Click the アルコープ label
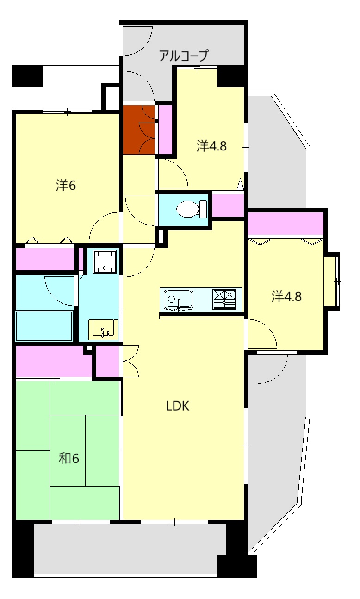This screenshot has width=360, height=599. point(184,56)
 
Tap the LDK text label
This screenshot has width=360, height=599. point(178,406)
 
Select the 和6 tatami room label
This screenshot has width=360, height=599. point(68,459)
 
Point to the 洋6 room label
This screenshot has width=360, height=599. point(66,185)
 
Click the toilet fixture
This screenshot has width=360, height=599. point(192,209)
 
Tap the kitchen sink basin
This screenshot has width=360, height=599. point(179,300)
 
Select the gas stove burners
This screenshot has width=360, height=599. point(224,299)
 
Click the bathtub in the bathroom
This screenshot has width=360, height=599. point(44,326)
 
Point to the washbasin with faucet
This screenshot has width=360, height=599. point(104,330)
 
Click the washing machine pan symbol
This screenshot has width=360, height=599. point(105,261)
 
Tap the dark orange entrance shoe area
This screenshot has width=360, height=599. point(139,130)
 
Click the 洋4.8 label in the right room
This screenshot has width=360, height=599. point(286,296)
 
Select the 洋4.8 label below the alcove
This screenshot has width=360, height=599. point(211,146)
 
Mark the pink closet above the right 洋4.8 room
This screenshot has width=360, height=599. point(286,223)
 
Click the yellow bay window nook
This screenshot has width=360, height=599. point(331,281)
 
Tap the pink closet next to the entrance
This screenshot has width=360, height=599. point(166,130)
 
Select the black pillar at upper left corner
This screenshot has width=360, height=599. point(27,76)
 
